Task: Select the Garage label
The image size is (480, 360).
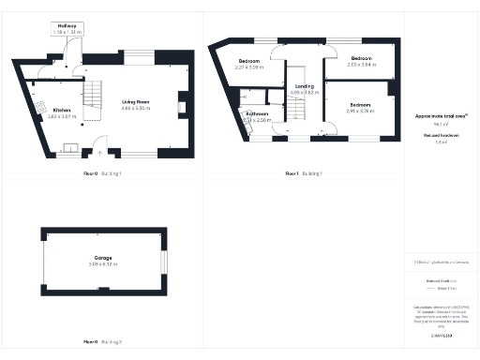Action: coord(102,262)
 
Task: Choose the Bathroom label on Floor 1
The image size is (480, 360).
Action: coord(257,118)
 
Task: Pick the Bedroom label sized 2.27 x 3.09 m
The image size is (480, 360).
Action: coord(250,65)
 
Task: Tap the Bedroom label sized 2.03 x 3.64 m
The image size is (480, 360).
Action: coord(361,62)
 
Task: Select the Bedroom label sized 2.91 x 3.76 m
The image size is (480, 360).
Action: coord(360,107)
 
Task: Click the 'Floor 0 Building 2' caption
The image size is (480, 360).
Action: coord(102,343)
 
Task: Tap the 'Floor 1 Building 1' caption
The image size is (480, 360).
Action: coord(304,174)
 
